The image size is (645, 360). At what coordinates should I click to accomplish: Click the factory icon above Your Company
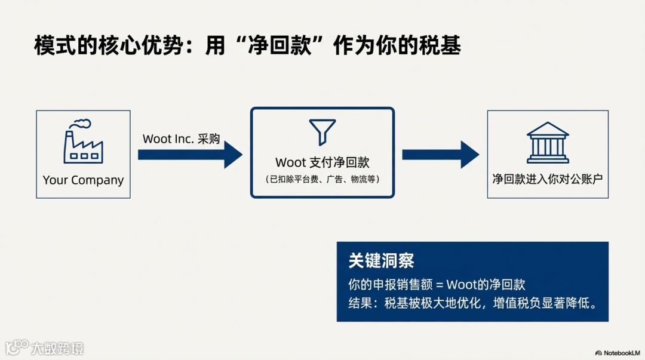[x=83, y=143]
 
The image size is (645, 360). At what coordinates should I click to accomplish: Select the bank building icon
[x=548, y=143]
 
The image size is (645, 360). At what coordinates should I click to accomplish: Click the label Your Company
[x=83, y=180]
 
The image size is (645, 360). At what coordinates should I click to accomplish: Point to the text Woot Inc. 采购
[x=181, y=139]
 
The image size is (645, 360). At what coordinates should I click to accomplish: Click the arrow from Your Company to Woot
[x=190, y=155]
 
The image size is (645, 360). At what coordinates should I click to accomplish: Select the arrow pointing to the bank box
[x=440, y=155]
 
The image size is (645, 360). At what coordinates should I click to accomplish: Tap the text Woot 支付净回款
[x=322, y=162]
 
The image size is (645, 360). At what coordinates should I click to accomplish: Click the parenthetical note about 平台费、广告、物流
[x=322, y=179]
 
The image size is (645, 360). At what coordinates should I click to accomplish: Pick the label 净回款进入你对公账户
[x=548, y=179]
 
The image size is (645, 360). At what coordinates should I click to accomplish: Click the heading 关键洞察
[x=381, y=261]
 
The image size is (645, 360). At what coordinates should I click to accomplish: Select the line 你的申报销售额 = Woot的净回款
[x=437, y=284]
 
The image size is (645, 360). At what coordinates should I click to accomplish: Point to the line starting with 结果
[x=472, y=302]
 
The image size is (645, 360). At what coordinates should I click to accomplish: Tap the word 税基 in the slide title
[x=446, y=47]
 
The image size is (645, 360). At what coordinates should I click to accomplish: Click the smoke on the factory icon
[x=81, y=125]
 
